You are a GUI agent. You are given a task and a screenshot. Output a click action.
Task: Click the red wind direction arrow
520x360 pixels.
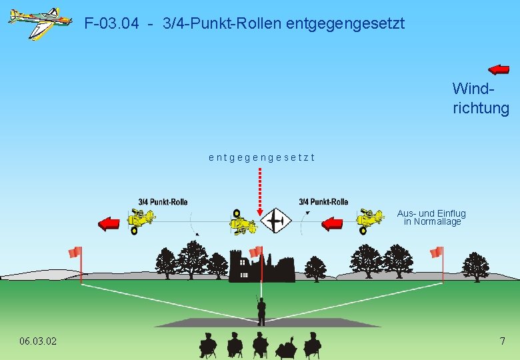pyautogui.click(x=498, y=69)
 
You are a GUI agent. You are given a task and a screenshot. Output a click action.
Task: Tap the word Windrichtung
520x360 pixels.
pyautogui.click(x=480, y=98)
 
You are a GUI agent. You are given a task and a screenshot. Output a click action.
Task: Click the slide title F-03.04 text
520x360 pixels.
pyautogui.click(x=244, y=24)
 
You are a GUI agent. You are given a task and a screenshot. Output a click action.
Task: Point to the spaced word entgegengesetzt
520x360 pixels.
pyautogui.click(x=261, y=158)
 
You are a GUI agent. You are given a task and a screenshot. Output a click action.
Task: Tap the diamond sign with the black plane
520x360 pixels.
pyautogui.click(x=276, y=221)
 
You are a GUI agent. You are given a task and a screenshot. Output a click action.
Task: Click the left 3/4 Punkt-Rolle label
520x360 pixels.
pyautogui.click(x=163, y=201)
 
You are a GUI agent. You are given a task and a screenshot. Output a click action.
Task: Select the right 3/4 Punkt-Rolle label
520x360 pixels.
pyautogui.click(x=323, y=201)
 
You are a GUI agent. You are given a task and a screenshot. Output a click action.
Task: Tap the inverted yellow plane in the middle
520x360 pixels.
pyautogui.click(x=243, y=223)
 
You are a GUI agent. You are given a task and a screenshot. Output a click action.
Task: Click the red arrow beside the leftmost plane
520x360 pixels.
pyautogui.click(x=108, y=224)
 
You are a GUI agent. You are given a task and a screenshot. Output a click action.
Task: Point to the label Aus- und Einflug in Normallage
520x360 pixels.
pyautogui.click(x=431, y=217)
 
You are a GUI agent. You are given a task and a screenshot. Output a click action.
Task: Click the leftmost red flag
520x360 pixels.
pyautogui.click(x=75, y=252)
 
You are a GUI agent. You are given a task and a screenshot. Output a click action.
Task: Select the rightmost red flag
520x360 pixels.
pyautogui.click(x=437, y=252)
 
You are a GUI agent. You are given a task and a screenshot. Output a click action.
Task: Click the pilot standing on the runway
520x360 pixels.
pyautogui.click(x=261, y=310)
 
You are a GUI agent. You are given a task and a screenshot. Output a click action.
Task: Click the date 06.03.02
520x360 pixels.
pyautogui.click(x=38, y=341)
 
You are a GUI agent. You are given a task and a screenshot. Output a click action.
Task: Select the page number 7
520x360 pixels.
pyautogui.click(x=503, y=341)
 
